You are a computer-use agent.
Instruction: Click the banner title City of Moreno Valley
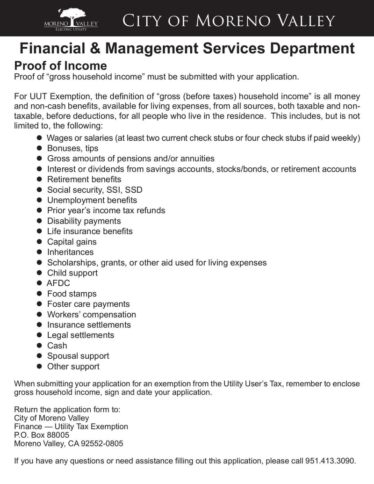[229, 21]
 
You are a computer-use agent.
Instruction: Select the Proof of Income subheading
[60, 65]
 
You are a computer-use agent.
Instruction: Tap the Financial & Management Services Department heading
[187, 48]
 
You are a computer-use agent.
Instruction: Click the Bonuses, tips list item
[72, 148]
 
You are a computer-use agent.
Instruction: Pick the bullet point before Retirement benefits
[40, 180]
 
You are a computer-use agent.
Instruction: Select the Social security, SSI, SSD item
[94, 190]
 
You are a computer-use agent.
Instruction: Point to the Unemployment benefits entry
[92, 200]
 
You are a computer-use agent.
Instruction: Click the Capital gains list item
[72, 242]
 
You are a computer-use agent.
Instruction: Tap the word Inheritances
[70, 252]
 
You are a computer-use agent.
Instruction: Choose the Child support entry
[72, 273]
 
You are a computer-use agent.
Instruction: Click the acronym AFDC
[58, 283]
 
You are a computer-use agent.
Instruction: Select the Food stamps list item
[72, 294]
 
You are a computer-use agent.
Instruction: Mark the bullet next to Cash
[40, 346]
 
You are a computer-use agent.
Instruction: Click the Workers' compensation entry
[91, 314]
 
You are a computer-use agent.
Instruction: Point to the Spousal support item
[78, 356]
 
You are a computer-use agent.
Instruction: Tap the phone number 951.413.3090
[330, 461]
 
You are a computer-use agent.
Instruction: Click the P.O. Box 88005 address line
[42, 435]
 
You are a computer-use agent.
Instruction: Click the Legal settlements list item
[80, 335]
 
